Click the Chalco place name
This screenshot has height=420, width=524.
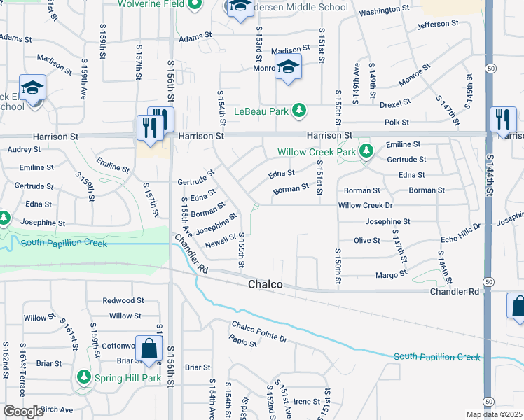pyautogui.click(x=266, y=285)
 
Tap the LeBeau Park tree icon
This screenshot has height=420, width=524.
pyautogui.click(x=299, y=111)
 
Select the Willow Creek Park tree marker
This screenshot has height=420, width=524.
pyautogui.click(x=365, y=151)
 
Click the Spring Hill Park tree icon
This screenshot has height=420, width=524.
pyautogui.click(x=84, y=377)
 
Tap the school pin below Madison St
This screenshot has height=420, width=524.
pyautogui.click(x=287, y=68)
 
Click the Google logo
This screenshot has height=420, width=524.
pyautogui.click(x=23, y=412)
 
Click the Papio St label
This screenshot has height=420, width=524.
pyautogui.click(x=243, y=340)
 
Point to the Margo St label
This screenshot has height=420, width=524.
pyautogui.click(x=391, y=276)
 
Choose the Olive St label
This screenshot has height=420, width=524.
pyautogui.click(x=366, y=240)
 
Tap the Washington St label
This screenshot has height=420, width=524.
pyautogui.click(x=383, y=11)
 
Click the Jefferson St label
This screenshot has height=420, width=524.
pyautogui.click(x=437, y=24)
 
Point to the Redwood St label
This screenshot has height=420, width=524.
pyautogui.click(x=123, y=300)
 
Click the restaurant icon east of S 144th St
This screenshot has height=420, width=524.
pyautogui.click(x=503, y=119)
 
